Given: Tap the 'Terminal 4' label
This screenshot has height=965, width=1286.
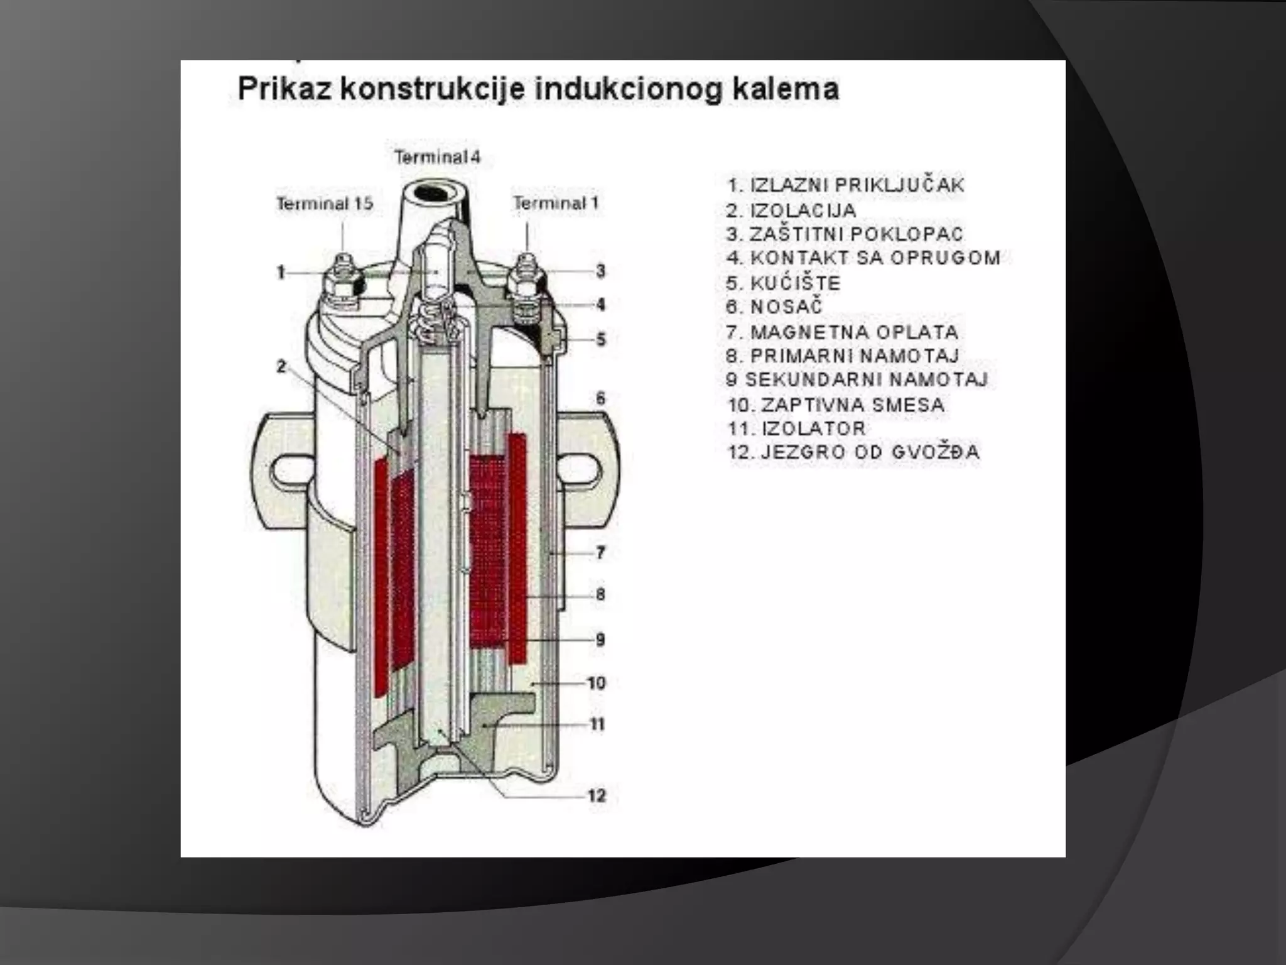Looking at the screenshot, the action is pos(437,156).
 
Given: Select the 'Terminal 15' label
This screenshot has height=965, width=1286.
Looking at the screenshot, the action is pos(325,204).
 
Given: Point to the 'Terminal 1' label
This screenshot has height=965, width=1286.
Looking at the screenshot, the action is pos(556,203).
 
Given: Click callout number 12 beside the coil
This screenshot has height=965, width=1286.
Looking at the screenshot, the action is pos(597,796).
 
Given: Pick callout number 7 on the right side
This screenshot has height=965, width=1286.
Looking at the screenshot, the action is pos(601,553).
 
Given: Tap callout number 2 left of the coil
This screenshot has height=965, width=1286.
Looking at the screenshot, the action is pos(281,366).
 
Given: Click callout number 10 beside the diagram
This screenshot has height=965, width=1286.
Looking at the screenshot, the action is pos(597,682).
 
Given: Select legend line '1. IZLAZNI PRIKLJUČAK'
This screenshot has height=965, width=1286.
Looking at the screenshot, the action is pos(845,185).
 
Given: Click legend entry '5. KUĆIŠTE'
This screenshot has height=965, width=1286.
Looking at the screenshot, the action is pos(783,283).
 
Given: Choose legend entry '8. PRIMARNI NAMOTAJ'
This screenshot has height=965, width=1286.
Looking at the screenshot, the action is pos(843,356).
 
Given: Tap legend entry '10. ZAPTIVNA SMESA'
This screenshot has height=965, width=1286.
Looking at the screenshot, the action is pos(836,405).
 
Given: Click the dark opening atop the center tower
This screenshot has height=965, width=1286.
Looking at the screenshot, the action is pos(433,192).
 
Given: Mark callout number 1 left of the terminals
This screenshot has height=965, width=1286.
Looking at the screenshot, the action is pos(281,272).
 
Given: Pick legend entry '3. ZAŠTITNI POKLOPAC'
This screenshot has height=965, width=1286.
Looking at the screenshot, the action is pos(845,234).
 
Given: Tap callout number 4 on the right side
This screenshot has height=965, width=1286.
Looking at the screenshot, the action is pos(601,305).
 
